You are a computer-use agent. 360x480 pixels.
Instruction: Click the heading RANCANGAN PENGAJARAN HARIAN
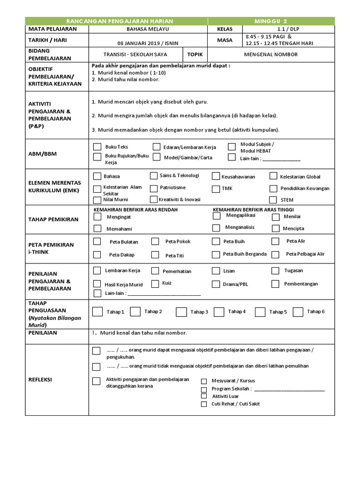coord(120,21)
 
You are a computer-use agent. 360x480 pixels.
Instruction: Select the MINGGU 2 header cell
coord(271,21)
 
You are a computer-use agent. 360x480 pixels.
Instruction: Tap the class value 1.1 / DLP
coord(288,29)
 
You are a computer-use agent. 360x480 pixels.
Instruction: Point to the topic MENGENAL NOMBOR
coord(270,54)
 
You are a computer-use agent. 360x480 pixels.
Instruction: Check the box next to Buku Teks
coord(97,147)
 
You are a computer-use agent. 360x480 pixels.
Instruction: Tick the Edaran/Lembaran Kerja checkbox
coord(157,147)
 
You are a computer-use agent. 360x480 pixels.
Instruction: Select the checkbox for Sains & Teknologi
coord(154,176)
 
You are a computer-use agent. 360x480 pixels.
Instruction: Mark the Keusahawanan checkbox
coord(216,176)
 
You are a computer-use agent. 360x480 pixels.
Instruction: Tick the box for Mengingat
coord(97,217)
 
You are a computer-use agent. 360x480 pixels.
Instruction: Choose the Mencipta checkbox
coord(275,228)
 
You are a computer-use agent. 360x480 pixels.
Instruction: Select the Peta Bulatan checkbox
coord(97,241)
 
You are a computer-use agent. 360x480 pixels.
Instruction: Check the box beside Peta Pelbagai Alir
coord(276,254)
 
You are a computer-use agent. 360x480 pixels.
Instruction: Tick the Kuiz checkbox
coord(154,284)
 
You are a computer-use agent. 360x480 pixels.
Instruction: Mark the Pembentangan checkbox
coord(275,284)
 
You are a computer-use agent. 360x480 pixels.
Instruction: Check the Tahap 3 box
coord(181,312)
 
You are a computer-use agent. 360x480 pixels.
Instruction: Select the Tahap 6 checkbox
coord(298,312)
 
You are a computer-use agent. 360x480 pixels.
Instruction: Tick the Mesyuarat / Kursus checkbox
coord(204,381)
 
